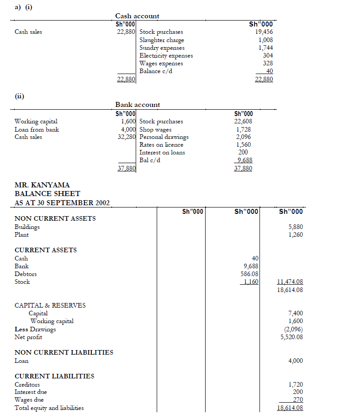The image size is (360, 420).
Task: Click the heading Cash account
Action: [x=137, y=16]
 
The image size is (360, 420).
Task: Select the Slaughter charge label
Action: [x=161, y=40]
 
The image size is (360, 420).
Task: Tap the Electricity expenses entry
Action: [x=166, y=56]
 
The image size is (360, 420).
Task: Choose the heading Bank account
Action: [x=138, y=105]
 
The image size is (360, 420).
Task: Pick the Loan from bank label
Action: [x=37, y=129]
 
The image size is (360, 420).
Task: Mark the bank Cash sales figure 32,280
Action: [x=127, y=137]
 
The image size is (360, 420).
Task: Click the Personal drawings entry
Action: [x=164, y=137]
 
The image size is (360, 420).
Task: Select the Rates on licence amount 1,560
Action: [x=243, y=145]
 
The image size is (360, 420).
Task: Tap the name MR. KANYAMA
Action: [x=42, y=185]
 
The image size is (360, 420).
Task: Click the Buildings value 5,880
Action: [x=296, y=227]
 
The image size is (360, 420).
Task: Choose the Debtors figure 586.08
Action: [x=249, y=274]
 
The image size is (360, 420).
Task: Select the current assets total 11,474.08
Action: [x=290, y=282]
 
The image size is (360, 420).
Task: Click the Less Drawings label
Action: [x=35, y=329]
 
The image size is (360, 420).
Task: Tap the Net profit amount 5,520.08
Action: [x=291, y=337]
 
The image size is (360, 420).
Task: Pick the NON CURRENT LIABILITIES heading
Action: [x=64, y=352]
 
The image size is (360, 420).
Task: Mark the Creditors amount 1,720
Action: [x=296, y=384]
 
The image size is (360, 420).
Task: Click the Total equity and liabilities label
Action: [x=49, y=408]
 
